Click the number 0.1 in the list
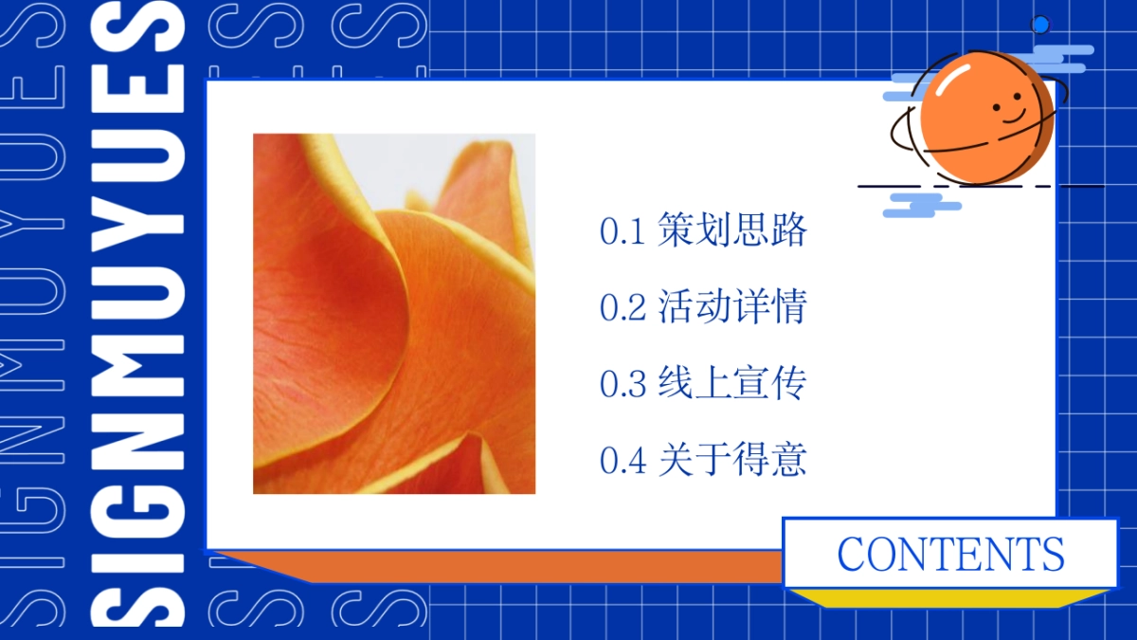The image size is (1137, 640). coord(623,231)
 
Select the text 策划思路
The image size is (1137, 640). coord(731,230)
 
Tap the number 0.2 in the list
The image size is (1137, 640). coord(623,307)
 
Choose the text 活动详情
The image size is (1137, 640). coord(731,306)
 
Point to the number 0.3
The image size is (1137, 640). coord(623,383)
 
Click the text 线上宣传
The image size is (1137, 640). coord(731,382)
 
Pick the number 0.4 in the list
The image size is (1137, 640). coord(623,460)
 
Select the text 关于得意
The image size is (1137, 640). coord(731,459)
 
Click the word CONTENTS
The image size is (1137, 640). coord(950,554)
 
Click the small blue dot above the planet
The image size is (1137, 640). coord(1040,25)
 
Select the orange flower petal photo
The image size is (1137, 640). coord(394,314)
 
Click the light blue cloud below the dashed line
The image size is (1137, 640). coord(922,205)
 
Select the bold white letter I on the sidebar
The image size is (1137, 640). coord(137,561)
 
